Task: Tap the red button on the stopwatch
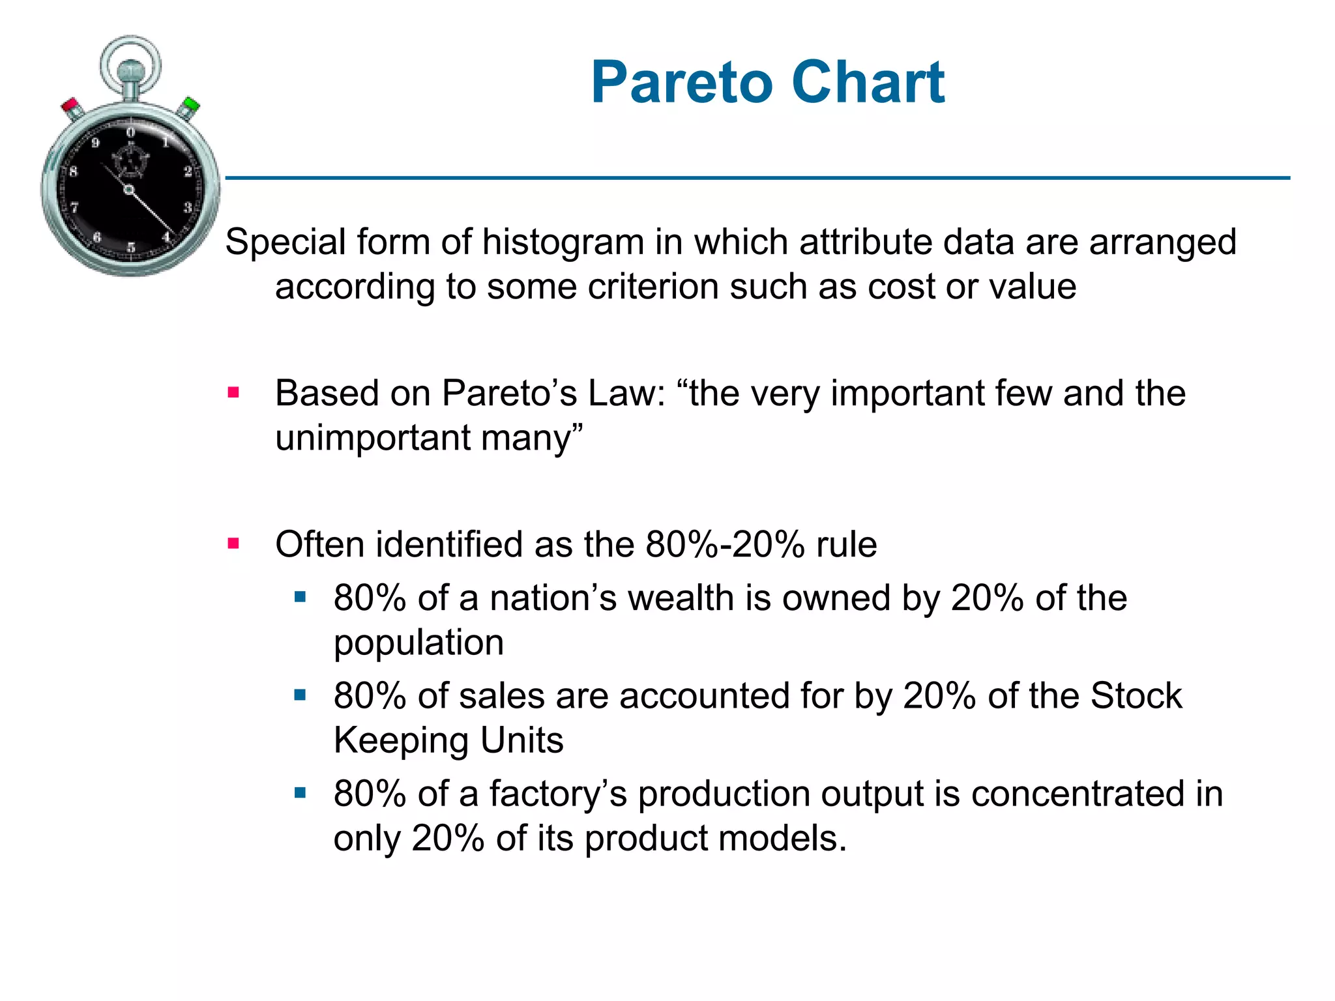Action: tap(70, 106)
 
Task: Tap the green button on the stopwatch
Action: tap(191, 104)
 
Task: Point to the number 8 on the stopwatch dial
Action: tap(73, 171)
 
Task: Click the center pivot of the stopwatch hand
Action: tap(129, 190)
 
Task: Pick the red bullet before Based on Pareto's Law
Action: tap(233, 392)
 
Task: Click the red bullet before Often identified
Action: tap(233, 543)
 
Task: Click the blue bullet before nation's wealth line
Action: tap(300, 597)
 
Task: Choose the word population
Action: tap(418, 643)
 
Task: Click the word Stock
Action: tap(1136, 695)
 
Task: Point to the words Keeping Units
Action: tap(448, 740)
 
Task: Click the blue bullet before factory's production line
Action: tap(300, 792)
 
